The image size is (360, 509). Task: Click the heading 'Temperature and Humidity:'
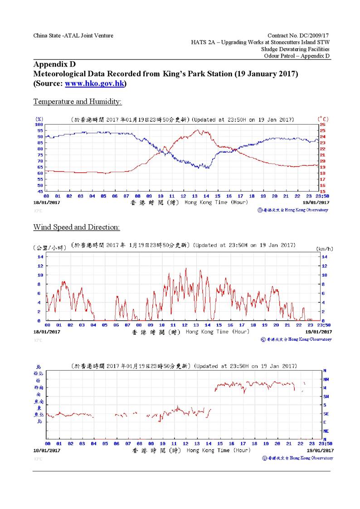78,102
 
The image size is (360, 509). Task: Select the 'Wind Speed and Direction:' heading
76,227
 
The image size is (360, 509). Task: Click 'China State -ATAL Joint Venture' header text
73,35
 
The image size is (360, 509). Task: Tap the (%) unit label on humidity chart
39,119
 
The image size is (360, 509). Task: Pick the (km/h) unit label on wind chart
324,249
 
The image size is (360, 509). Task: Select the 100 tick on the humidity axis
39,125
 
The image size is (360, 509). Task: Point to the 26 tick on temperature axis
323,125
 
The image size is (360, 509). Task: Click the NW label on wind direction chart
326,379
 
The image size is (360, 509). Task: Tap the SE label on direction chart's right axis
326,413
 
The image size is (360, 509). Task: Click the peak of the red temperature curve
198,131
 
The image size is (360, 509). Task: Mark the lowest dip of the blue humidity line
198,168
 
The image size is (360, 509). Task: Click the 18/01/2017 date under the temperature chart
47,203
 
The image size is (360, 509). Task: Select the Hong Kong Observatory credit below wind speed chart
297,339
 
